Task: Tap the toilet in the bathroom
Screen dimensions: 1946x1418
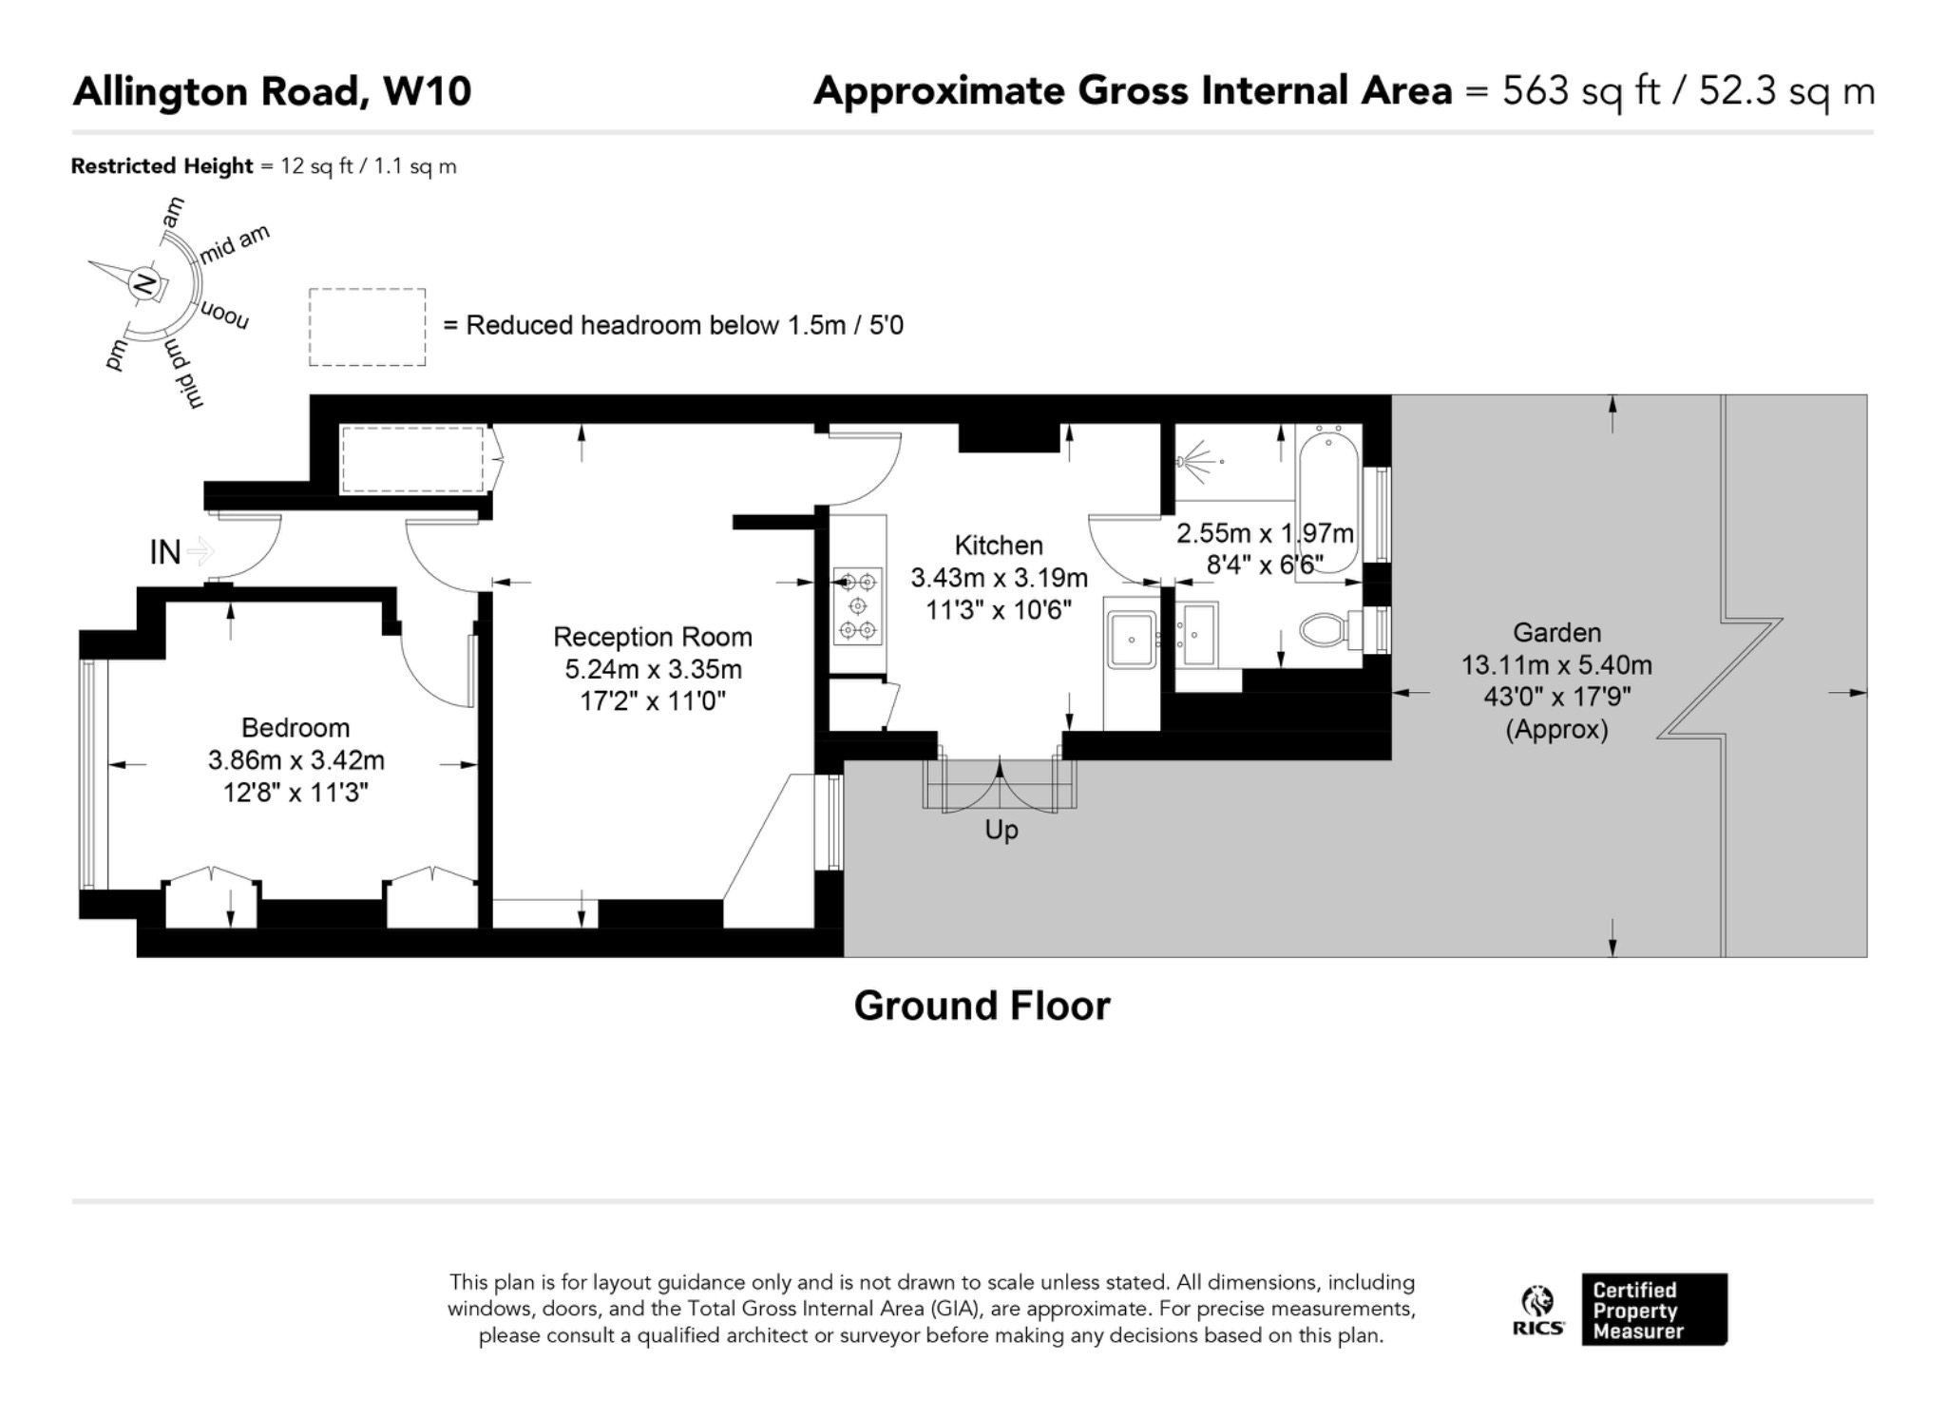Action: (1330, 628)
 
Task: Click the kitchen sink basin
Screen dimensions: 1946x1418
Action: (1131, 640)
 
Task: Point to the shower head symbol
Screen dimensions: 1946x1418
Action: (1199, 461)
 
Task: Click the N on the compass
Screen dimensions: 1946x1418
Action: (145, 283)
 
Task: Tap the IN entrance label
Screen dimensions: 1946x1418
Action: (165, 551)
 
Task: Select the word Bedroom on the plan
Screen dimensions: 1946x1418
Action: (296, 727)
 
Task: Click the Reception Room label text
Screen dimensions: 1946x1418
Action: (653, 637)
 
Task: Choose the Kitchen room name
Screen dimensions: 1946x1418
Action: (999, 546)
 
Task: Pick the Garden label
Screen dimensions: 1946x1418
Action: (1557, 632)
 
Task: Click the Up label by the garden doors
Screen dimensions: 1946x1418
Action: (1002, 831)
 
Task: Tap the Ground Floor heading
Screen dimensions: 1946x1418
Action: (982, 1006)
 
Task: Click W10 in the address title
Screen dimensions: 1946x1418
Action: (427, 91)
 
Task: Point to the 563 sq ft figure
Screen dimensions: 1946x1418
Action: (1581, 91)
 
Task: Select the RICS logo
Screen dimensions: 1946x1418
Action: (1538, 1311)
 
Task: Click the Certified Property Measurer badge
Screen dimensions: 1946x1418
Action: (1654, 1310)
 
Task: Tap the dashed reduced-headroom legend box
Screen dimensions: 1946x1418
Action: (367, 327)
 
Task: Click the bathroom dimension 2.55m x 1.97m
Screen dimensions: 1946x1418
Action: (1265, 533)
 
